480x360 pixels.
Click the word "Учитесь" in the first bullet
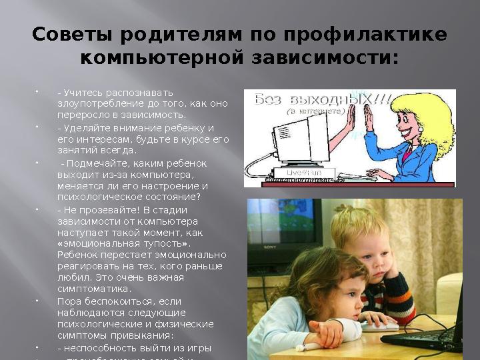[x=81, y=92]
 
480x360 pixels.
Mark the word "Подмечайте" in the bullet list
[x=95, y=163]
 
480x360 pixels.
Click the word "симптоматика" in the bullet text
[x=93, y=289]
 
